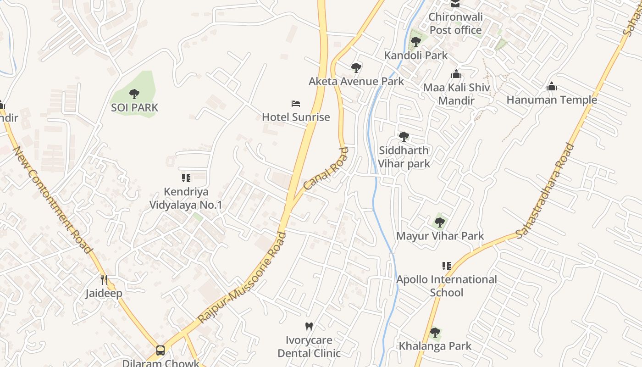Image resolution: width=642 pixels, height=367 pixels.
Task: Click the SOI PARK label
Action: (134, 108)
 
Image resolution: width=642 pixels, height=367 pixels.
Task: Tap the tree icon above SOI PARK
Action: (134, 95)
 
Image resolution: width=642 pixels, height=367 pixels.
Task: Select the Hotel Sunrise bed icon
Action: (296, 104)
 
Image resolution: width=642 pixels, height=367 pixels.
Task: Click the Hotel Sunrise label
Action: (296, 117)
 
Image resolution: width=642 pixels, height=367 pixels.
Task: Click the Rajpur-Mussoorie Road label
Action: (242, 278)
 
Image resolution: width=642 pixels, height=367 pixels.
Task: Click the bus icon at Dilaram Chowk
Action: (160, 350)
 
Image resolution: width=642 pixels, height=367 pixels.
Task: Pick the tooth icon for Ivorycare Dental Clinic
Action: (309, 327)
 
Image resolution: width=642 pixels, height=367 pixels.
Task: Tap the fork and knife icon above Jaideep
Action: (104, 279)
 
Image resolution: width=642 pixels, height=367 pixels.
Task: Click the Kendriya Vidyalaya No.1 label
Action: (186, 198)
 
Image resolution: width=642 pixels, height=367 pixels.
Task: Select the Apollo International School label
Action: (446, 286)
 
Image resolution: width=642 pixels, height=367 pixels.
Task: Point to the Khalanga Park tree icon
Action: (435, 333)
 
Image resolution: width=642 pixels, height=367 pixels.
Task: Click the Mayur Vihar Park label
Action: (440, 236)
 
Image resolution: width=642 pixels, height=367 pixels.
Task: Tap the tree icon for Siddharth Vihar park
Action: (404, 137)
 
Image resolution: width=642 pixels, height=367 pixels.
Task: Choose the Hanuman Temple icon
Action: (552, 87)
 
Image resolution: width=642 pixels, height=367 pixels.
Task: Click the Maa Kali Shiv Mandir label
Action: (456, 94)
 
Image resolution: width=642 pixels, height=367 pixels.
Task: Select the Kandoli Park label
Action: (415, 56)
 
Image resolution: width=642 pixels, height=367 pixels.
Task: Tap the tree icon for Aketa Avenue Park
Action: (356, 68)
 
